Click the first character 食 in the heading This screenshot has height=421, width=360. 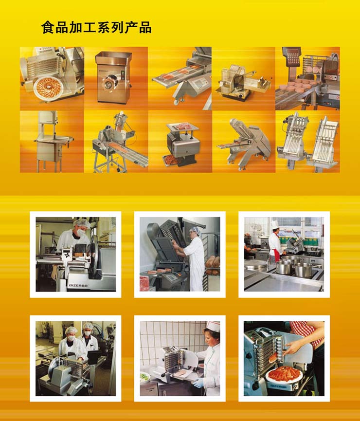(x=48, y=28)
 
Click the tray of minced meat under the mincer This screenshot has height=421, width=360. (x=173, y=160)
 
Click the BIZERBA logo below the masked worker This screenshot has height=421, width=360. (x=78, y=286)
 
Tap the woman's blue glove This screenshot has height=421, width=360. (x=198, y=383)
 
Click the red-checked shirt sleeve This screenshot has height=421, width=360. (x=307, y=333)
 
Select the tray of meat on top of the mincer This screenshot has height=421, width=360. (x=182, y=126)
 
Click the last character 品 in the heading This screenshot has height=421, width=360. (x=145, y=28)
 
